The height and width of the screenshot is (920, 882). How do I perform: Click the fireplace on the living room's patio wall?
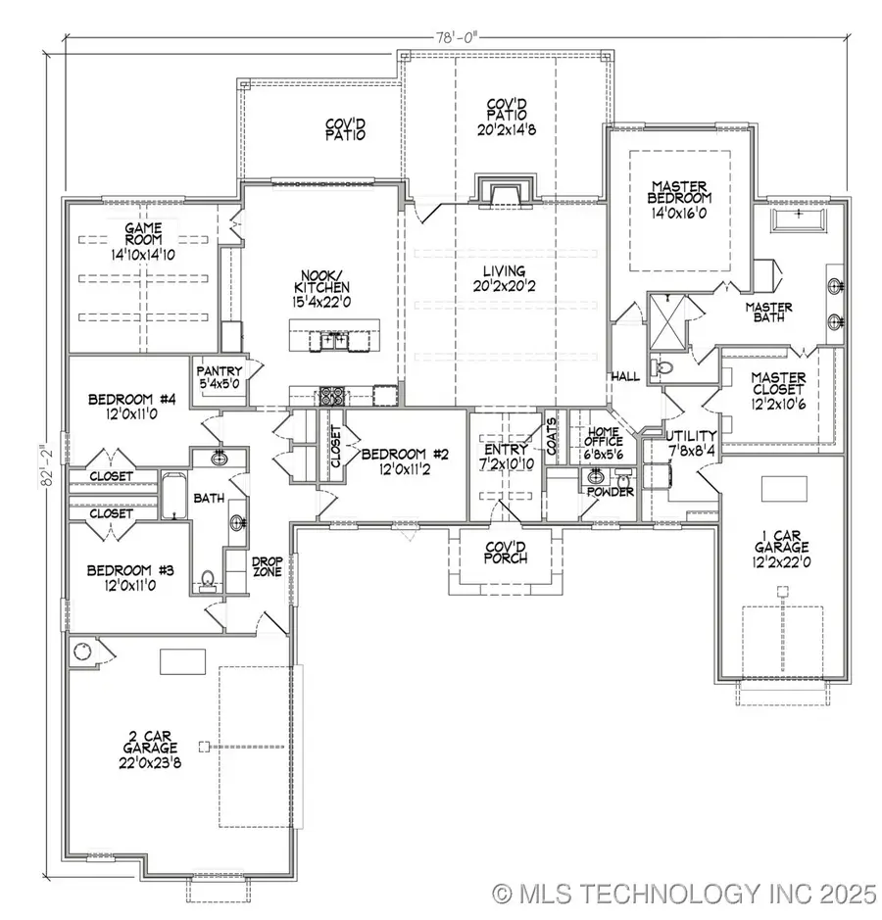coord(505,189)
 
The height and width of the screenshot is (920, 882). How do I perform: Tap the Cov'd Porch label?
coord(507,553)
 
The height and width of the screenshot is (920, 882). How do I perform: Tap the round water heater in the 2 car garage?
coord(81,652)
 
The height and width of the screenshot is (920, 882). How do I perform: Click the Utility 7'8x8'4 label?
coord(692,444)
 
